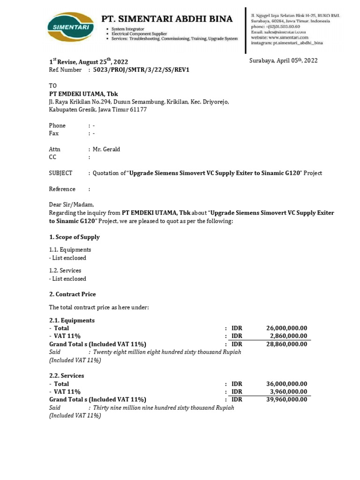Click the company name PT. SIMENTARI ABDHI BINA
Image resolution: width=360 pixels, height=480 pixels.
point(167,19)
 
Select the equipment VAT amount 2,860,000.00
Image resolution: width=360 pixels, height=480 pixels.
point(288,336)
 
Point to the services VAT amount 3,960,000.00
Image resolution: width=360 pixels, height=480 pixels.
point(288,392)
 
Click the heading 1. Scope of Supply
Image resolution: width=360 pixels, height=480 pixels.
point(75,237)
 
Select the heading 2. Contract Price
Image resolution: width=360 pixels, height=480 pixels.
point(73,294)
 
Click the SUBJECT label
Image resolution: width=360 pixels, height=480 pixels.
point(61,173)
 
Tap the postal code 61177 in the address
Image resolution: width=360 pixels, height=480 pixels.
point(138,110)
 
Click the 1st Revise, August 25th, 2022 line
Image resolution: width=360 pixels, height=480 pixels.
point(89,62)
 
